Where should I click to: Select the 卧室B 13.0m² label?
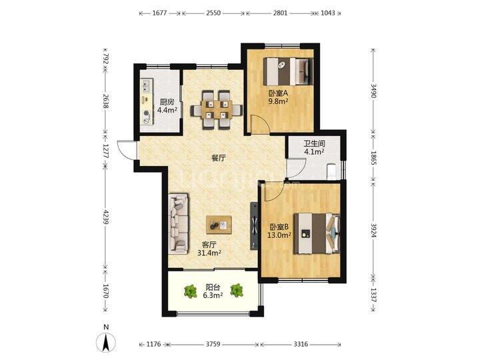pyautogui.click(x=280, y=231)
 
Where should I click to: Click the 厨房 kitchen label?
pyautogui.click(x=167, y=106)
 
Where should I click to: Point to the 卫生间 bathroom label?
pyautogui.click(x=314, y=147)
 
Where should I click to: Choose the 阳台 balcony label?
pyautogui.click(x=213, y=291)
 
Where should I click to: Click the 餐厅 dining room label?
pyautogui.click(x=219, y=158)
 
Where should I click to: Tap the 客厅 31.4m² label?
pyautogui.click(x=209, y=249)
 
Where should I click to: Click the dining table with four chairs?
pyautogui.click(x=217, y=110)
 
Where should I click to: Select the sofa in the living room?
pyautogui.click(x=178, y=223)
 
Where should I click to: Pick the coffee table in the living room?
pyautogui.click(x=219, y=225)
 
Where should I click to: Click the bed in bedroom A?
pyautogui.click(x=288, y=71)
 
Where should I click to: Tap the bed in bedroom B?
pyautogui.click(x=317, y=233)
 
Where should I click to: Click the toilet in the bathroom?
pyautogui.click(x=332, y=171)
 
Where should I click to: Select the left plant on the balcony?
pyautogui.click(x=191, y=291)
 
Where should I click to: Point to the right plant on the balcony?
pyautogui.click(x=237, y=291)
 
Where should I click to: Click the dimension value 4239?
pyautogui.click(x=105, y=217)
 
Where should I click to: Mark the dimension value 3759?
pyautogui.click(x=213, y=344)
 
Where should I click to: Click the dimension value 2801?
pyautogui.click(x=280, y=13)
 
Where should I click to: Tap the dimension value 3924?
pyautogui.click(x=373, y=230)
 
